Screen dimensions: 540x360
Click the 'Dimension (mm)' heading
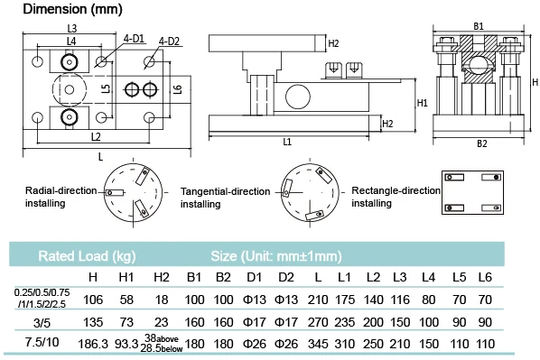(72, 9)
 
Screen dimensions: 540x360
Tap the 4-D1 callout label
(134, 39)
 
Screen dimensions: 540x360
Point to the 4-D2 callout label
(169, 42)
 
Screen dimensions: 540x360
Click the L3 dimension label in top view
(72, 28)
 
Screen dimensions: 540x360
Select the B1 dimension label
(479, 26)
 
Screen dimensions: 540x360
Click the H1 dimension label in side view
(423, 103)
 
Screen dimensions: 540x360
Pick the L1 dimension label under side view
(287, 142)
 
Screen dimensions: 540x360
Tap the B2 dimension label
(482, 143)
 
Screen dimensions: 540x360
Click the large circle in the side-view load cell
(298, 97)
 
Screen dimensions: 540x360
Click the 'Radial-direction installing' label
(61, 197)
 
